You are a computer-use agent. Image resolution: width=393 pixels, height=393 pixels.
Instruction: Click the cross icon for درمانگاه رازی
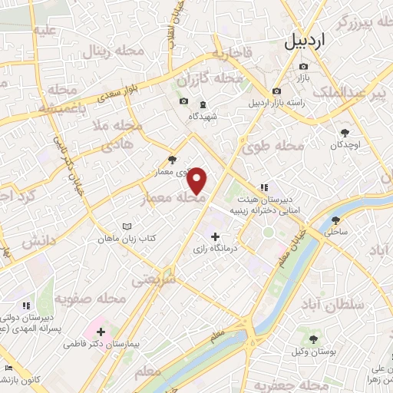pos(215,236)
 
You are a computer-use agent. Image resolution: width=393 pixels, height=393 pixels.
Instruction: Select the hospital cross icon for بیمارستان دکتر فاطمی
pos(101,332)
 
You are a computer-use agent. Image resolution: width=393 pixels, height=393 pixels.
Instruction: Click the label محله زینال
pos(107,52)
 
